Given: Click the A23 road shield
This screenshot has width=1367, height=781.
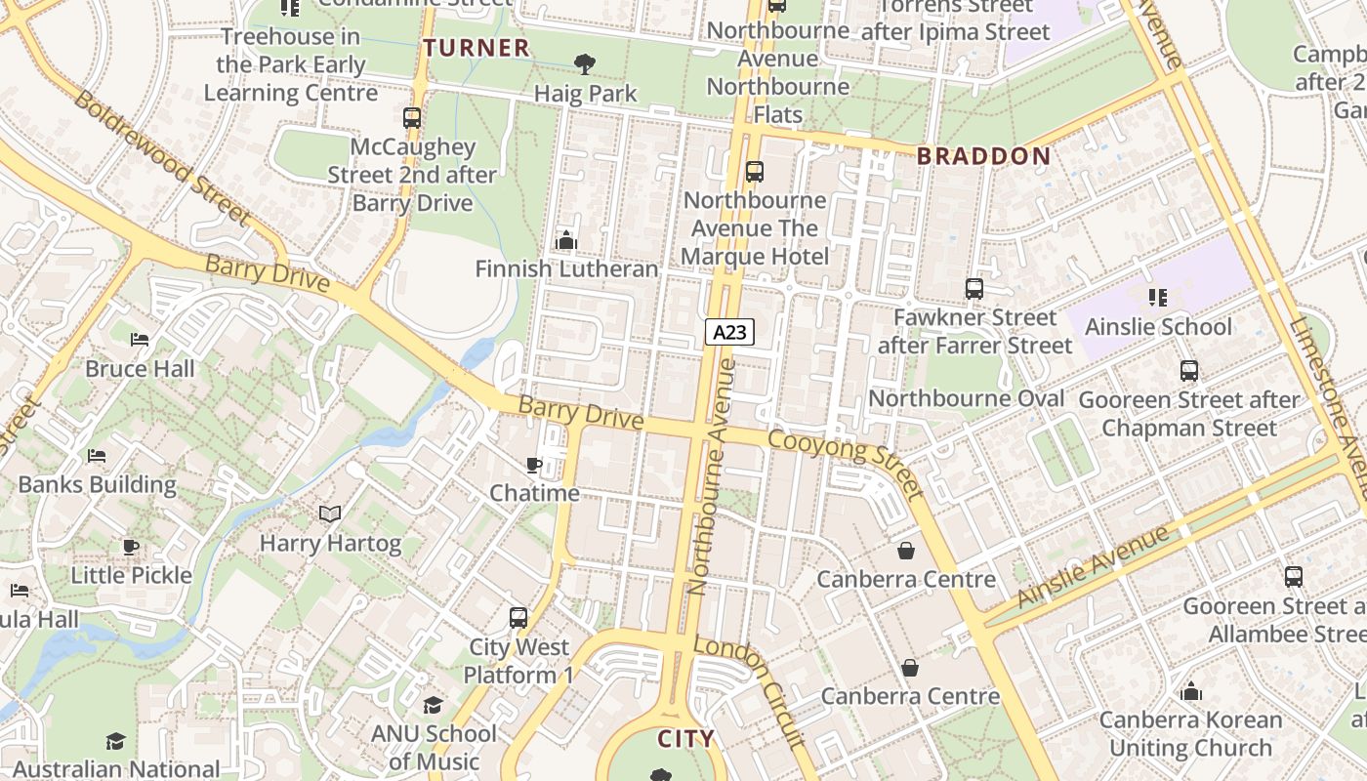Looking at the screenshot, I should tap(729, 332).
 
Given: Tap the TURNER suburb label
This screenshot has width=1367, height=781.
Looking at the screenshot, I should tap(476, 47).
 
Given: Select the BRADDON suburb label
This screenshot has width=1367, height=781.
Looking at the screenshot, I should tap(983, 156).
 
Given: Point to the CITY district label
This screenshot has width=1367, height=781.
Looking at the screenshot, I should tap(685, 738).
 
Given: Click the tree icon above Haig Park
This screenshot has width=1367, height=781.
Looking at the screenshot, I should tap(585, 64).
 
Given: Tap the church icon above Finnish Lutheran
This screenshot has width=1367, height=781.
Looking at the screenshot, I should tap(565, 239).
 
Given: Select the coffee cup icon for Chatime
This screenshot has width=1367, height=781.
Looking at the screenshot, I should tap(534, 465).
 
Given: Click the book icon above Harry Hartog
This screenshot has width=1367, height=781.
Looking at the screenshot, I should tap(330, 514).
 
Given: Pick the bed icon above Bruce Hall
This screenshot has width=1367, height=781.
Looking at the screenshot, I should tap(140, 340).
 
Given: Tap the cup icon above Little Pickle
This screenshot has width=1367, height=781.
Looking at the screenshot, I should tap(131, 547).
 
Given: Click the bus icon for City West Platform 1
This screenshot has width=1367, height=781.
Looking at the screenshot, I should tap(518, 618).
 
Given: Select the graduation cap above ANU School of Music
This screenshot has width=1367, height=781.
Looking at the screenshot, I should tap(433, 705).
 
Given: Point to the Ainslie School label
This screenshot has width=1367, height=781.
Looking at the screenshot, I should tap(1158, 326).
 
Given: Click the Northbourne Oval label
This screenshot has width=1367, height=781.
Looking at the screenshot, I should tap(966, 398).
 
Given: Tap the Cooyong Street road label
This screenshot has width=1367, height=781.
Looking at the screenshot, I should tap(846, 465).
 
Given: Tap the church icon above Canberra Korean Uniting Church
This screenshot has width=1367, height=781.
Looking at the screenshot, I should tap(1190, 692).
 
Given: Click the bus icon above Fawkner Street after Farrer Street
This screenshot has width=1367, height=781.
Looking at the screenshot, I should tap(973, 289).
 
